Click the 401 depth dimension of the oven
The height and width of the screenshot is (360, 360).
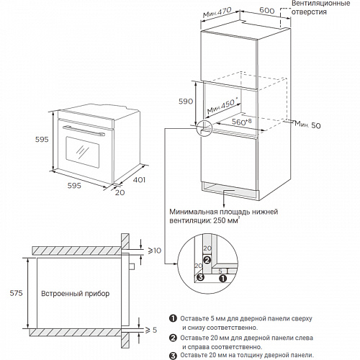point(139,179)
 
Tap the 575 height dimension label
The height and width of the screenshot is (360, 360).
point(16,293)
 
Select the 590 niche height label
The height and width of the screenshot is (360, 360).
point(186,102)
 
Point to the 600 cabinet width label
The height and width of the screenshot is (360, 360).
point(267,10)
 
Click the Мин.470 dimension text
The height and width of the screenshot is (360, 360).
point(217,12)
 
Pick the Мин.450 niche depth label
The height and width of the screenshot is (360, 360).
point(222,107)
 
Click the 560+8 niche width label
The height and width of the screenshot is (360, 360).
point(242,122)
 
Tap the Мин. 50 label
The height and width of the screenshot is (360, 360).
point(307,125)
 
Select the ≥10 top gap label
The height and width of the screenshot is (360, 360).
point(155,251)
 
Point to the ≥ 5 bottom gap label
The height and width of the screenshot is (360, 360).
point(151,330)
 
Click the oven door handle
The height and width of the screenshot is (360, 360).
point(84,130)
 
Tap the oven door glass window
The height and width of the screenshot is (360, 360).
point(82,152)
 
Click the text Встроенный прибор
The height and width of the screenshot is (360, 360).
point(75,294)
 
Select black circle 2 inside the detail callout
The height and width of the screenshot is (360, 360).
point(207,260)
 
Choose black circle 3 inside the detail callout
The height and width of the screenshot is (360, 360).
point(200,277)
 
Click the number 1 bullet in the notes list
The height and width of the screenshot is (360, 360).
point(173,318)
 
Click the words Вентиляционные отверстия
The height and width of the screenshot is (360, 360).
point(320,8)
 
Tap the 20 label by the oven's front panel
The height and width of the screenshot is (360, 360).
point(120,192)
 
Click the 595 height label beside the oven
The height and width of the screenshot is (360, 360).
point(42,139)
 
